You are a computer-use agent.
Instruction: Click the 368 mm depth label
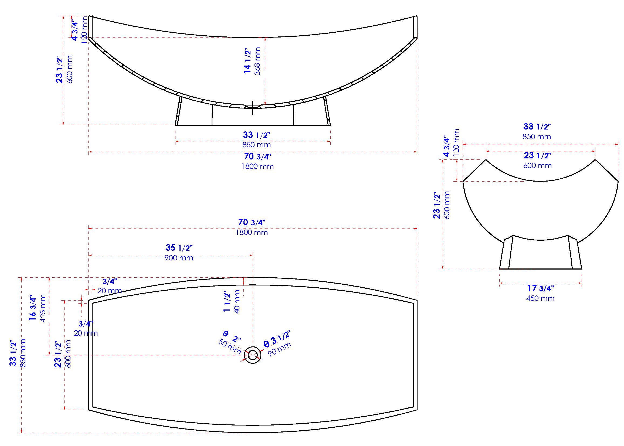coord(257,61)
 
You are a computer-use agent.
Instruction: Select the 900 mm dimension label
coord(179,258)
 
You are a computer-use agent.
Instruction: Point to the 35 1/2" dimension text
coord(179,248)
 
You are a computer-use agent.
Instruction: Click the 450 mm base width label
coord(540,298)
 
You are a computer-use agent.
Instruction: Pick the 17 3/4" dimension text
coord(541,288)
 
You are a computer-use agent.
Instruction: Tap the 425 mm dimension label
coord(43,308)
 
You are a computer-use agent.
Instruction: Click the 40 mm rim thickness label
coord(237,302)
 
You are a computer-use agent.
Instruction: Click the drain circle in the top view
coord(252,355)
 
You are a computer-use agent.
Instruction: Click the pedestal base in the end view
coord(540,254)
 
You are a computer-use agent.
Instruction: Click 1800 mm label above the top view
coord(252,233)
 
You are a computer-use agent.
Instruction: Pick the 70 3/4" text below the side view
coord(257,156)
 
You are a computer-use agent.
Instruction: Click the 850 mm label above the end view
coord(537,137)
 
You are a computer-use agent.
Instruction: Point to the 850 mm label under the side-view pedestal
coord(256,145)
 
